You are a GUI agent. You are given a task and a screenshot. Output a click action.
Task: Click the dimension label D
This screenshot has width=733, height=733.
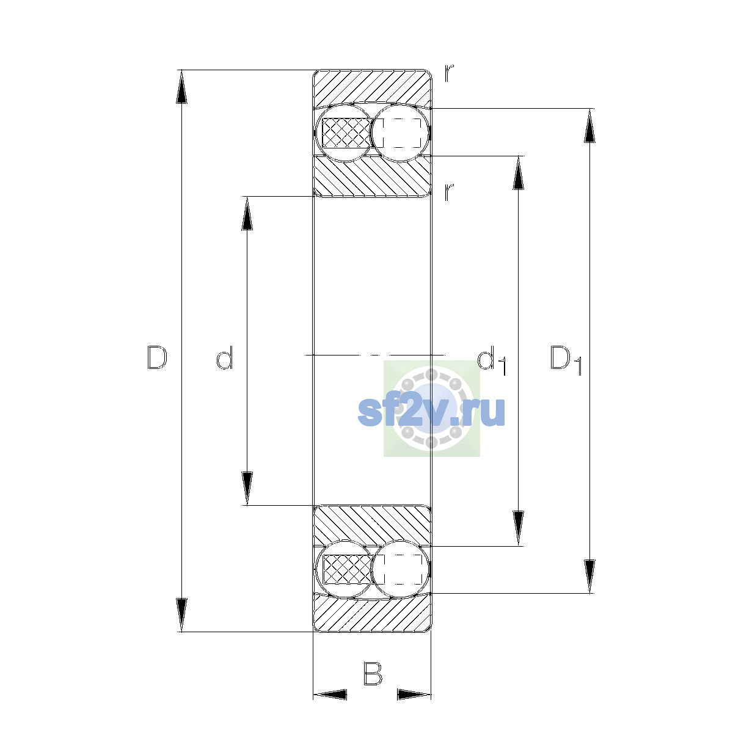click(x=157, y=357)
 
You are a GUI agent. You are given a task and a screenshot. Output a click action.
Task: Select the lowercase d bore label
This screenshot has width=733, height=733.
click(x=224, y=357)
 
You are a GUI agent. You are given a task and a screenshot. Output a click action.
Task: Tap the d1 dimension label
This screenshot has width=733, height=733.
click(x=492, y=360)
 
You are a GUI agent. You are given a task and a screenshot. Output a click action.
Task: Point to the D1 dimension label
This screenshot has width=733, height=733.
click(x=566, y=360)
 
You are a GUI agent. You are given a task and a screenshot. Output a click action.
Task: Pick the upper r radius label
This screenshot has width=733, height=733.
click(x=449, y=73)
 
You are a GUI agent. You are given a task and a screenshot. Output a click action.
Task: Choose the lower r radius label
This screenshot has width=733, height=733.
click(x=449, y=192)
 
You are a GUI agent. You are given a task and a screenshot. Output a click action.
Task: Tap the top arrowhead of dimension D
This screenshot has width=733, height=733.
click(x=181, y=87)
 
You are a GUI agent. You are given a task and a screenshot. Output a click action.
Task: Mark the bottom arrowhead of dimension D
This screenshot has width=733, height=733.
click(x=181, y=615)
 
